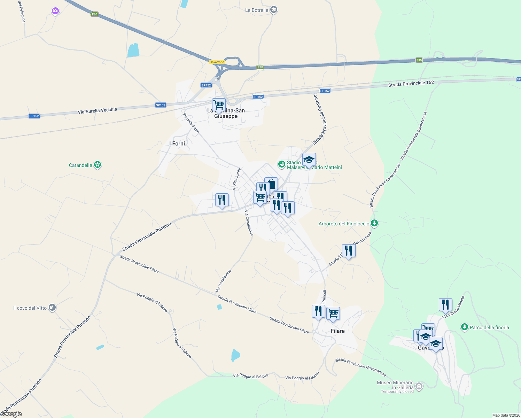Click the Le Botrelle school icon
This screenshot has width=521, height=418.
click(274, 10)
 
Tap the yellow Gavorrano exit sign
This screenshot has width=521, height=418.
click(217, 62)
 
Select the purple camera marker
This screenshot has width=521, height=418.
click(55, 11)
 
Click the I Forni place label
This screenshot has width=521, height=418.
click(177, 144)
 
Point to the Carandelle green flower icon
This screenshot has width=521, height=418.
click(98, 165)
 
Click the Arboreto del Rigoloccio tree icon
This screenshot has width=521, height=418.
click(374, 223)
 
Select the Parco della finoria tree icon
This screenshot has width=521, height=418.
click(464, 327)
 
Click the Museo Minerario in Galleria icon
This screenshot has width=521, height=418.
click(419, 386)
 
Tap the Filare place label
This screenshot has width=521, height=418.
click(337, 331)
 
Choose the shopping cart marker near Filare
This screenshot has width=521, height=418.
click(333, 313)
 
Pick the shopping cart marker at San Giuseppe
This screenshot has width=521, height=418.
click(219, 104)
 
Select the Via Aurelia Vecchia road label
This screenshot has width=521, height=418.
click(97, 111)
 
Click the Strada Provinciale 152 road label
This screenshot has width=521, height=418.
click(411, 84)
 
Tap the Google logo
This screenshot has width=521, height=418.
click(12, 414)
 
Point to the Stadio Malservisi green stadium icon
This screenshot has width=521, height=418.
click(282, 164)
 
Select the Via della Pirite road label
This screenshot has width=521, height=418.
click(191, 123)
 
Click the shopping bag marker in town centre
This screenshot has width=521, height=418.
click(271, 184)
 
